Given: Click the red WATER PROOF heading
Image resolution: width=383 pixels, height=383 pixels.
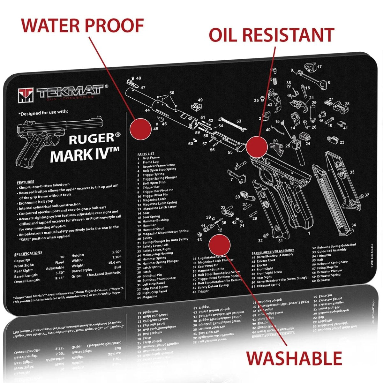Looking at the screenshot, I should (x=82, y=26).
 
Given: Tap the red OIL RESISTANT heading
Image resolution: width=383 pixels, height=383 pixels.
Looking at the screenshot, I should (x=271, y=35).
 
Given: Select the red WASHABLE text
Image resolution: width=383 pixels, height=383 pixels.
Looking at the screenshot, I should (x=294, y=358).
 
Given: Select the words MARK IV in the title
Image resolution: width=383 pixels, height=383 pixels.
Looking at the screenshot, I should (x=85, y=155).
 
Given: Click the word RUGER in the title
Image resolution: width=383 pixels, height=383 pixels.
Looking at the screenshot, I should (x=91, y=139).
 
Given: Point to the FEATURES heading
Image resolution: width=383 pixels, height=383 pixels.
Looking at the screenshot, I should (x=25, y=182).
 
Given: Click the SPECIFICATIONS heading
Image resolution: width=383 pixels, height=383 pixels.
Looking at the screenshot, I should (x=28, y=253).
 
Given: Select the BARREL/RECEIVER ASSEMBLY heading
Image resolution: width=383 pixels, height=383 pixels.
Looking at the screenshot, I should (x=273, y=251).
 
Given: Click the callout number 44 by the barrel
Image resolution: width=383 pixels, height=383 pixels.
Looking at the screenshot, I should (x=147, y=110).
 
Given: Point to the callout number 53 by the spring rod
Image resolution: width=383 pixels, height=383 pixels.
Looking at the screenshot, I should (x=239, y=121).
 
